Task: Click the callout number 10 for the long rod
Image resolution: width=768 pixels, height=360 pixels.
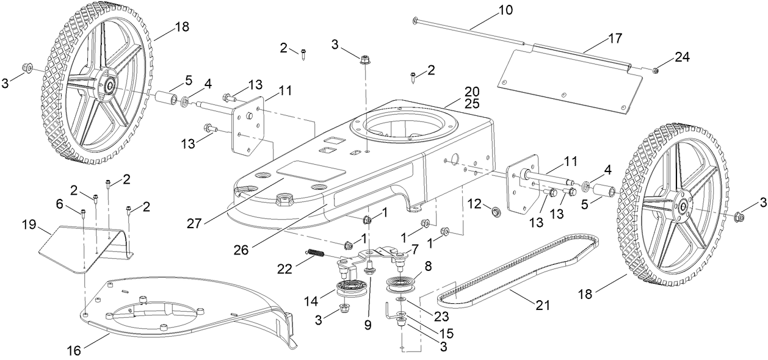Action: (x=506, y=10)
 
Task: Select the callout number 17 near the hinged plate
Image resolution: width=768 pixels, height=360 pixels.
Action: (x=615, y=38)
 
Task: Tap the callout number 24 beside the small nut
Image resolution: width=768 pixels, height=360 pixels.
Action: (x=681, y=57)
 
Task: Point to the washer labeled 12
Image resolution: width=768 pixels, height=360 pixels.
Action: (x=495, y=212)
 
